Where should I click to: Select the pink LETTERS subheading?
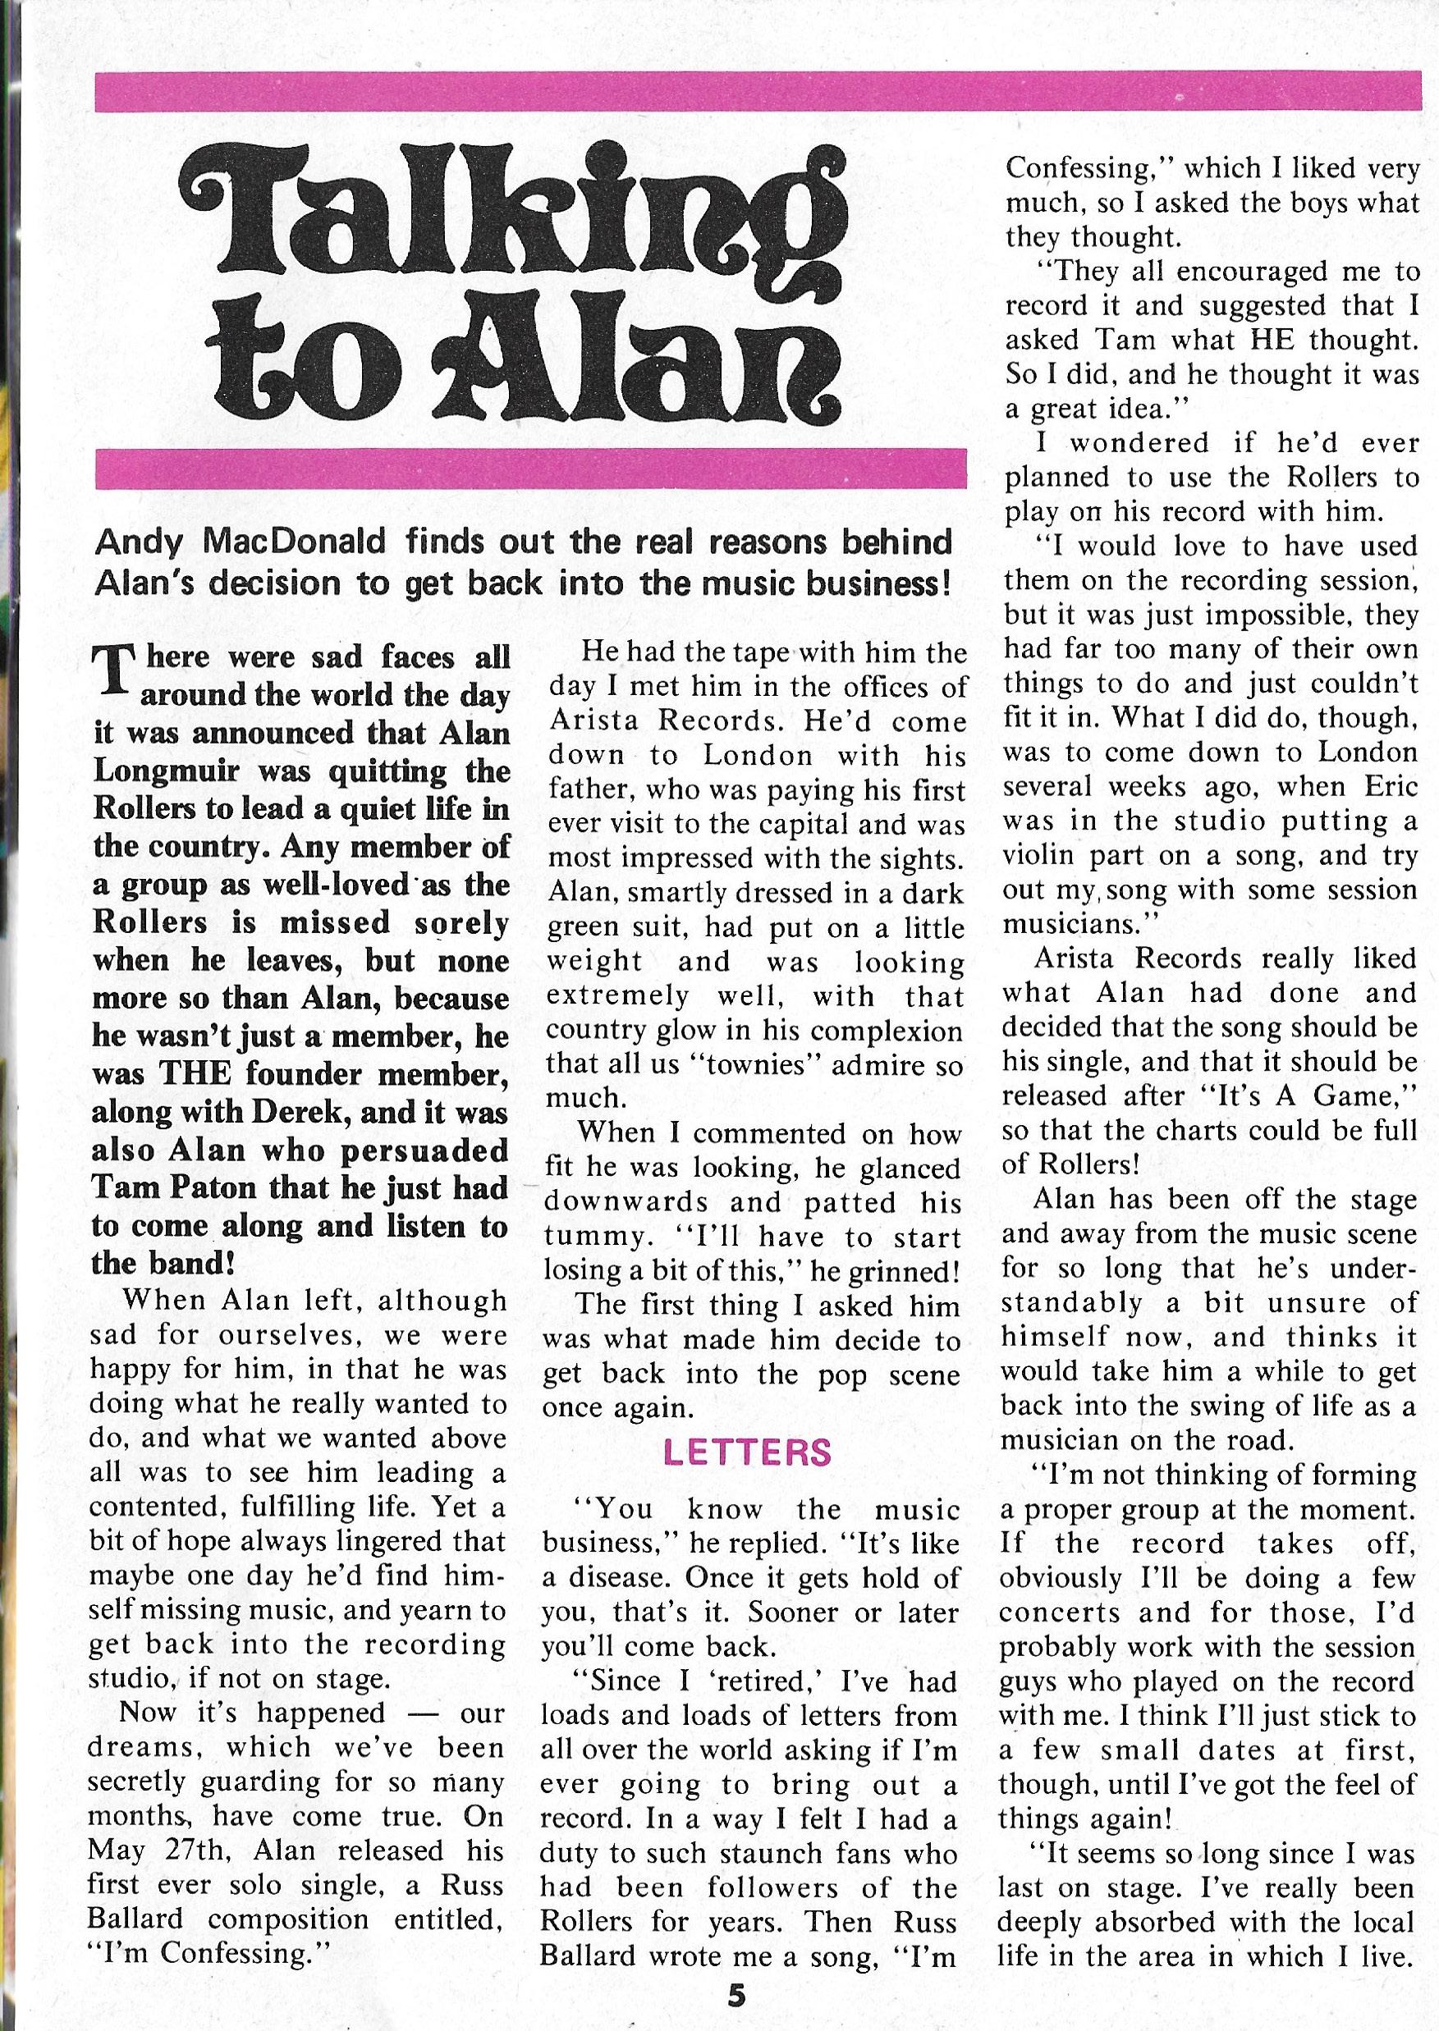[x=748, y=1452]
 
